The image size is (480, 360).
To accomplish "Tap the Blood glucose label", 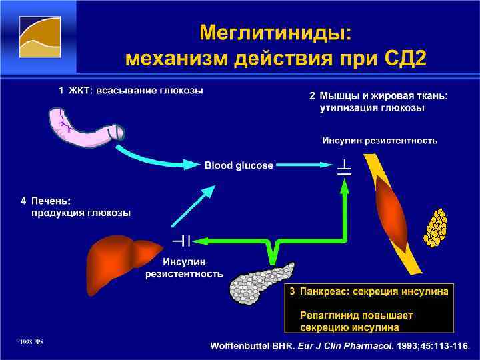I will tap(239, 165).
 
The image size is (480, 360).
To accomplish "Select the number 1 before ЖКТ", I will tap(60, 90).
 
